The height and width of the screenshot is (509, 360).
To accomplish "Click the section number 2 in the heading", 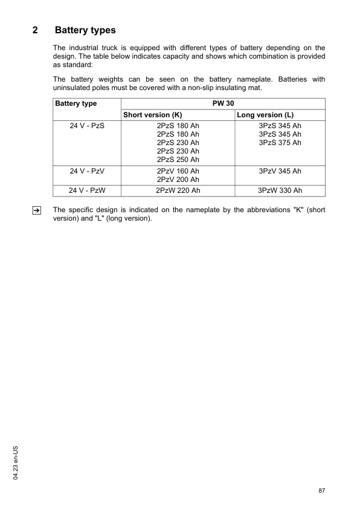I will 36,30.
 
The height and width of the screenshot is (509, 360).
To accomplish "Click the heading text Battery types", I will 85,30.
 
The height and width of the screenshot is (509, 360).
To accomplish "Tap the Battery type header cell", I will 76,103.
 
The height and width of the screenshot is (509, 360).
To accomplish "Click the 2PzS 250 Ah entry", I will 178,160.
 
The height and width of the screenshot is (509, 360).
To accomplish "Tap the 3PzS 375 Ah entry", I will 280,143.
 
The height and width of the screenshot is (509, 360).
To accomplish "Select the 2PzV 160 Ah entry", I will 178,171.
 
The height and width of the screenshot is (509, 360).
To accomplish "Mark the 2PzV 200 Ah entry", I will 178,180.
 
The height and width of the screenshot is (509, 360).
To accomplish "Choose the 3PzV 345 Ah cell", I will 280,171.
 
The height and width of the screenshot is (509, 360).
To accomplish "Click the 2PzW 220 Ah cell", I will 178,190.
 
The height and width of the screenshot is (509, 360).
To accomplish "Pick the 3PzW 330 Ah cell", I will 280,190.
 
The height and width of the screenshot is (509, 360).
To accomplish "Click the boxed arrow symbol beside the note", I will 36,210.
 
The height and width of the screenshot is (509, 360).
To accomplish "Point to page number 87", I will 321,490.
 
